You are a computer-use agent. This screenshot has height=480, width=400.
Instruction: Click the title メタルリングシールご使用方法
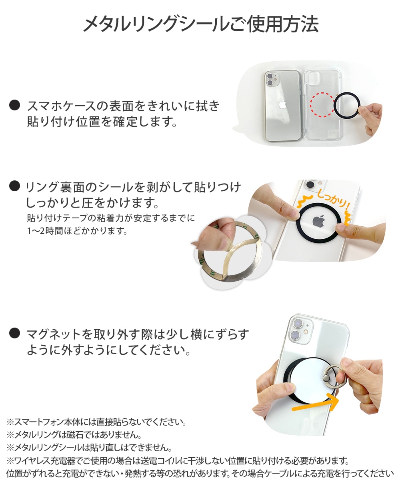click(200, 25)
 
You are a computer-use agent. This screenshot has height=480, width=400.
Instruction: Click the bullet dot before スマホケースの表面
click(15, 106)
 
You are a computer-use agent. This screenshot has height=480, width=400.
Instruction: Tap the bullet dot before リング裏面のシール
click(15, 186)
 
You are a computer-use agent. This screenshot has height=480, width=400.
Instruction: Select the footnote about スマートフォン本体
click(96, 422)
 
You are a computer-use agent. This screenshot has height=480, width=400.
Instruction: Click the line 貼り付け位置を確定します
click(102, 121)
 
